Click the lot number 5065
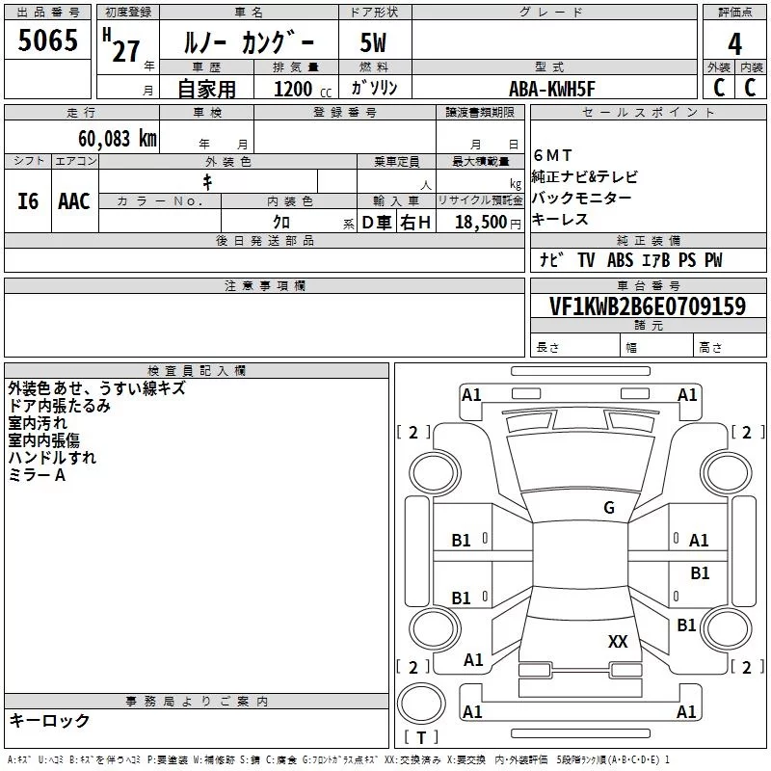pos(47,40)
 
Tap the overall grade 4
pos(734,44)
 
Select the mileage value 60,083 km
pos(118,139)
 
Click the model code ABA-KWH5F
pos(551,89)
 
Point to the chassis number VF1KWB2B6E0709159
pos(648,306)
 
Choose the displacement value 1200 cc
pos(303,89)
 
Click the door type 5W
pos(373,42)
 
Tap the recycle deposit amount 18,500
pos(481,222)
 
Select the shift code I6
pos(28,201)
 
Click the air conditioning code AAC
pos(74,201)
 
